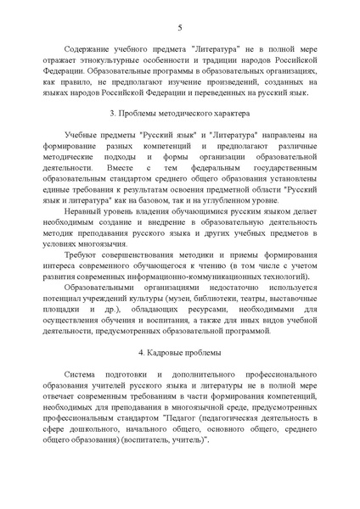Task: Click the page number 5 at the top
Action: [179, 27]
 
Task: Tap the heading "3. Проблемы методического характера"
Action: [179, 113]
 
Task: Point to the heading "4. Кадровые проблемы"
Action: [179, 351]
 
